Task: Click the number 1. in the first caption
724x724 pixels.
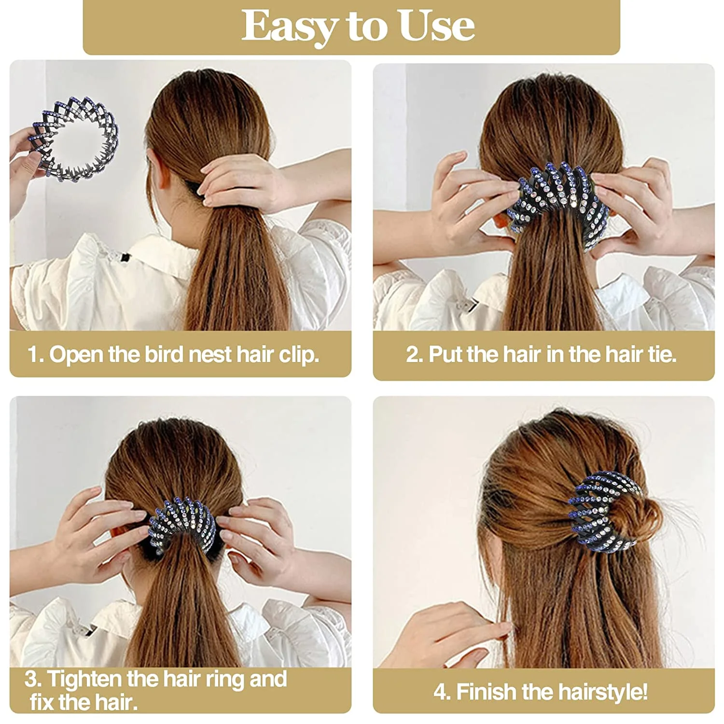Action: (36, 354)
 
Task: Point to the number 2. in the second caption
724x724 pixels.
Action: (414, 354)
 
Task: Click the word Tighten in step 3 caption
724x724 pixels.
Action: (84, 679)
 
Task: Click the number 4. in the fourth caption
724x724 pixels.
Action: (442, 692)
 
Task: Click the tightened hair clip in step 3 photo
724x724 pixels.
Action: (181, 526)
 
